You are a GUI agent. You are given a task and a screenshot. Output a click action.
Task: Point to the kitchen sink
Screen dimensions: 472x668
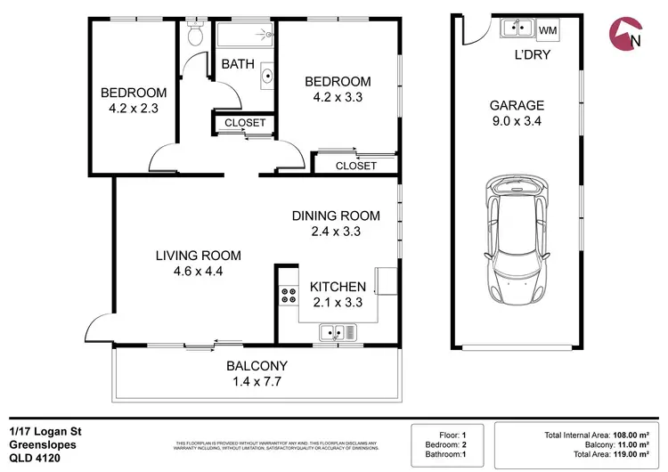coord(338,334)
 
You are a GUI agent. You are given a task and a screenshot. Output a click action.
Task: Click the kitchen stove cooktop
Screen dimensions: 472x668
coord(289,296)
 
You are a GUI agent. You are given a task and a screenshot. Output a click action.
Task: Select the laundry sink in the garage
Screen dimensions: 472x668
coord(514,28)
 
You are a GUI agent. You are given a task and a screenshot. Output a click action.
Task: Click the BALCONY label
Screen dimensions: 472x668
coord(257,365)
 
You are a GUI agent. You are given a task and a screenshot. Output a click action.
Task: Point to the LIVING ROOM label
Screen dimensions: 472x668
coord(198,256)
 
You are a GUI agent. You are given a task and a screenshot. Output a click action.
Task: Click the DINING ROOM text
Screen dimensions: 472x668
coord(336,216)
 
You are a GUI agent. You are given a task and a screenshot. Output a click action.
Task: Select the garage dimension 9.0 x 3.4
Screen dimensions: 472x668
coord(517,122)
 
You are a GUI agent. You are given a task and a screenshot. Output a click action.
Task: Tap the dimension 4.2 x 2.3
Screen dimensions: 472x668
coord(133,110)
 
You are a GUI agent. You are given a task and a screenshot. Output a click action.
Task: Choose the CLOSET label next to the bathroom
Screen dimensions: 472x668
coord(244,123)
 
